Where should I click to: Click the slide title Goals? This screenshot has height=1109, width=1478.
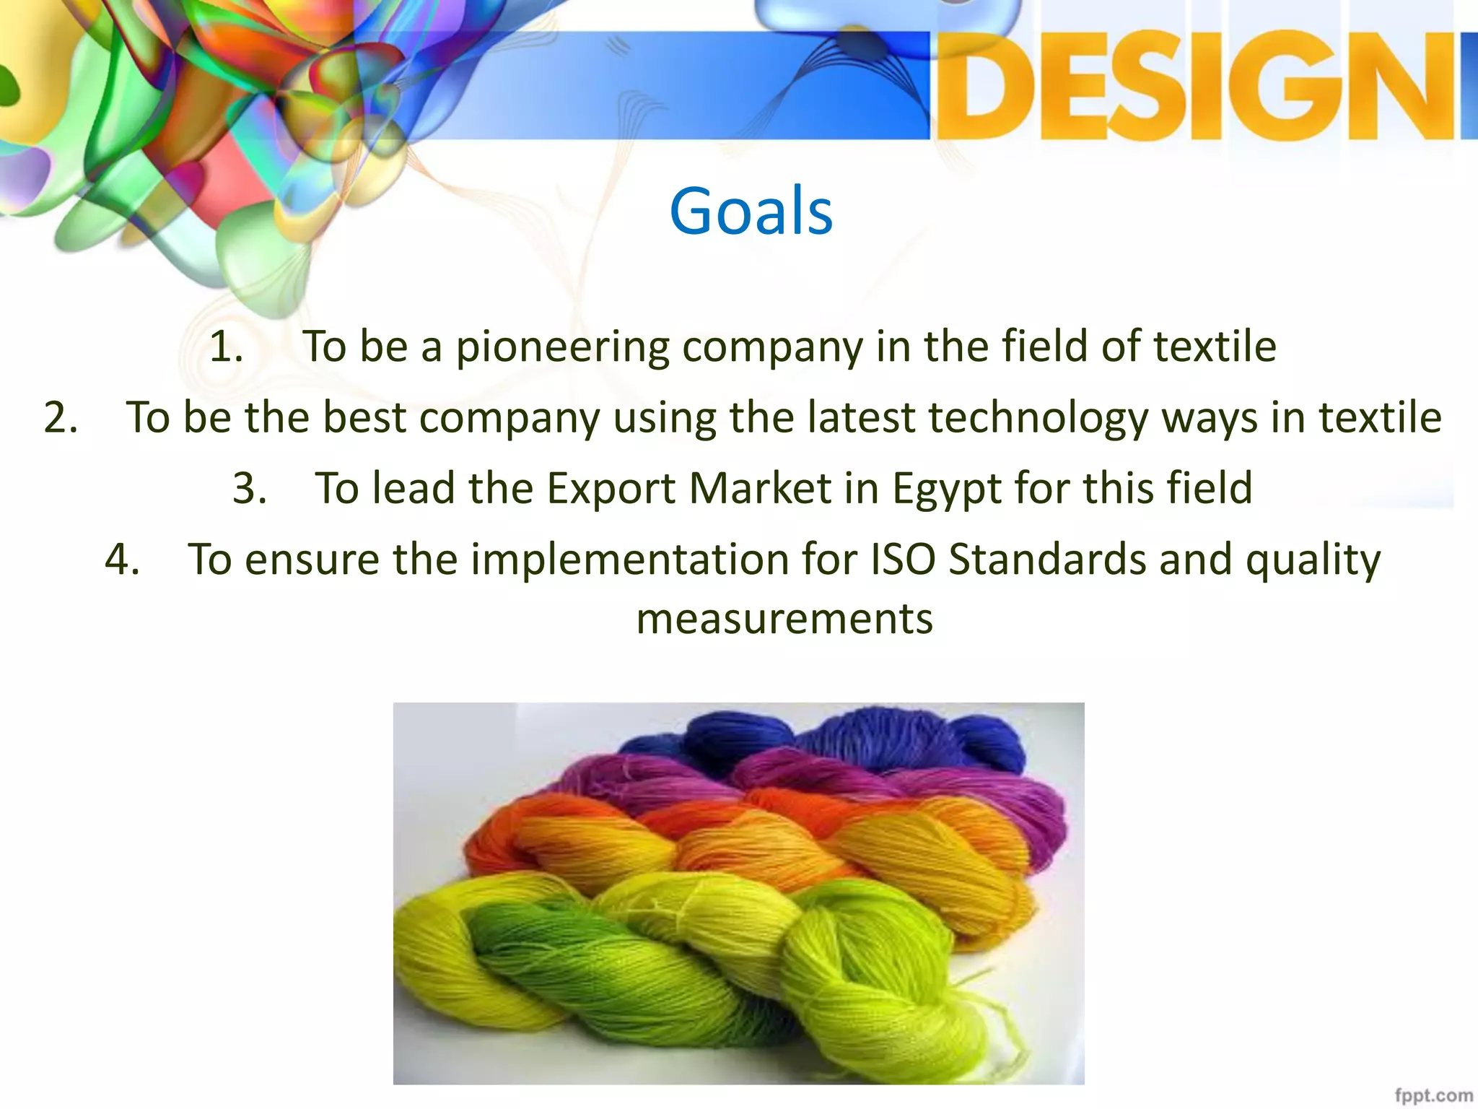point(751,211)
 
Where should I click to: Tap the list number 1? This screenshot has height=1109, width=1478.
point(225,347)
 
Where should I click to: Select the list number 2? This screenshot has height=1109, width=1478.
point(61,417)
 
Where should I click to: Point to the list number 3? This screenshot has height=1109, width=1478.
point(250,488)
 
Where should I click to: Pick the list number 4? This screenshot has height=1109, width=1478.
point(122,560)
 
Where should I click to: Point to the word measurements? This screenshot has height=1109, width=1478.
point(784,619)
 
